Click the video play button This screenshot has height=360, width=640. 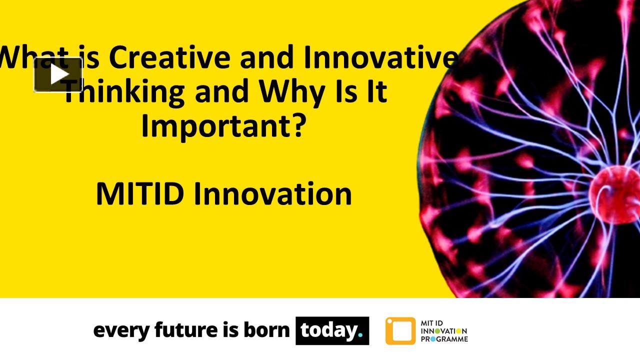(58, 74)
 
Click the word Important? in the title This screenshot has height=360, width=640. (223, 125)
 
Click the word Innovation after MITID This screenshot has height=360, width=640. (272, 194)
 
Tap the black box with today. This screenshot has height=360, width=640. (332, 330)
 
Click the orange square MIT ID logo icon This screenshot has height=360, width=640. (400, 331)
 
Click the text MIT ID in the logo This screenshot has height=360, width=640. (433, 323)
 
